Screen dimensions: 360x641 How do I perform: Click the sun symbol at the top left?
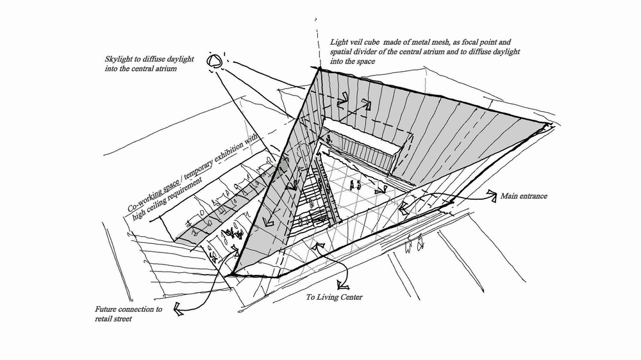215,61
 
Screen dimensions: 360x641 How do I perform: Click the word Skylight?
120,60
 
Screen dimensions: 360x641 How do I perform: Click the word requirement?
199,184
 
